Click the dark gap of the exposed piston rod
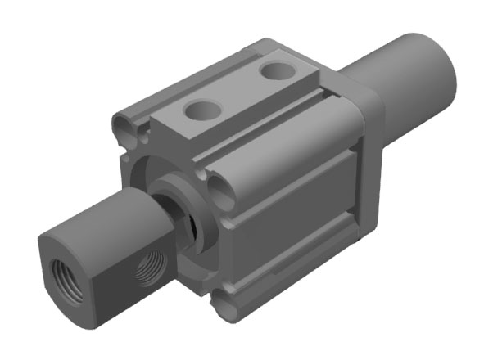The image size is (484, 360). point(189,226)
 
